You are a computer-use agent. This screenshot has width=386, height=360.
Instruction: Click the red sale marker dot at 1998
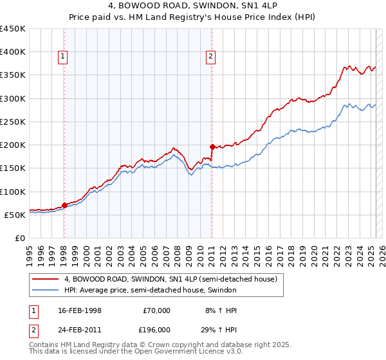(64, 206)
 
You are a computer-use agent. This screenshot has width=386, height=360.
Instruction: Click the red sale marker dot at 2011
(212, 147)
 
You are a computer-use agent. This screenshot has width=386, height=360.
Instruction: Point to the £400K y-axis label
(13, 52)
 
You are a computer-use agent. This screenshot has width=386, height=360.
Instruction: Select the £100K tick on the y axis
(13, 192)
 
